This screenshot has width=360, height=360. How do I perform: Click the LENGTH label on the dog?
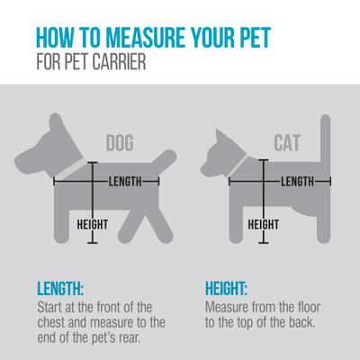(x=125, y=182)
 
